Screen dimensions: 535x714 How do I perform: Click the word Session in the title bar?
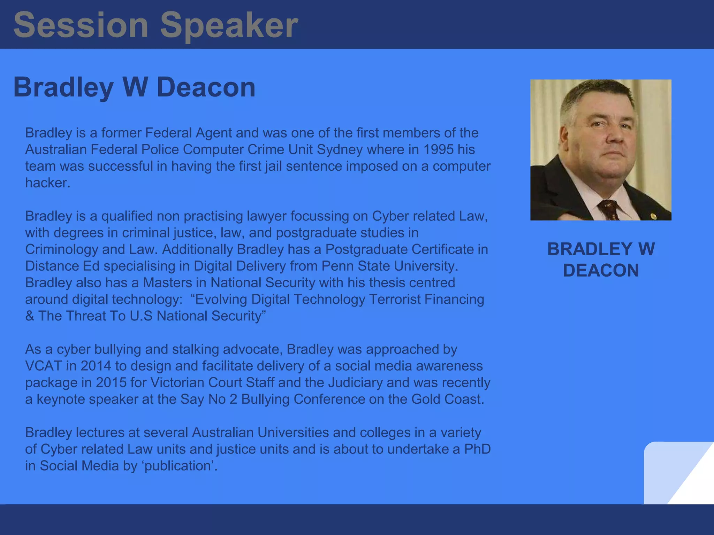(x=81, y=25)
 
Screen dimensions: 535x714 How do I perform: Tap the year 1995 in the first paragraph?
(x=438, y=149)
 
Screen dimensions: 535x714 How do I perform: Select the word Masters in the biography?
(x=167, y=282)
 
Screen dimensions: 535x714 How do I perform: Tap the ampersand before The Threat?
(x=30, y=316)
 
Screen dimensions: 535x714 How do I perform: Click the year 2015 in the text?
(x=111, y=382)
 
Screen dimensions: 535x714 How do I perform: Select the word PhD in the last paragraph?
(x=477, y=449)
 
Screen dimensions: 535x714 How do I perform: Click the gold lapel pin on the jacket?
(x=653, y=217)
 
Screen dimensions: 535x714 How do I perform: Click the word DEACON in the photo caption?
(x=601, y=270)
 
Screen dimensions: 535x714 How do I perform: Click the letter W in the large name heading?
(x=135, y=87)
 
